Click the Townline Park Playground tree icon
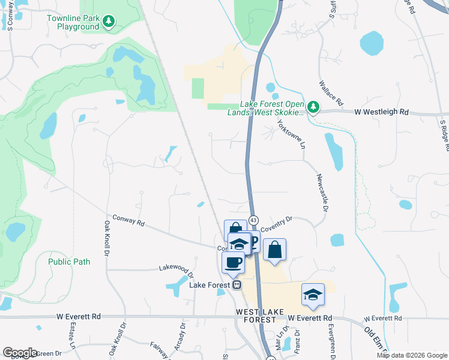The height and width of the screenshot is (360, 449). [109, 22]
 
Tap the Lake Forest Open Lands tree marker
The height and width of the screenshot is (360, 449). [312, 107]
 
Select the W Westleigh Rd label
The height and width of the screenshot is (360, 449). [381, 112]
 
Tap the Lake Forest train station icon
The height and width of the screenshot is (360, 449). [237, 285]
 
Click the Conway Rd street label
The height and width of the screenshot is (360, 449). [128, 221]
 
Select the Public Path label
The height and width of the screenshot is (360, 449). [69, 262]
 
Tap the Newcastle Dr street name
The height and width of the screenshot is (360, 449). [321, 192]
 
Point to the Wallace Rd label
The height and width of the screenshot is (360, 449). [331, 93]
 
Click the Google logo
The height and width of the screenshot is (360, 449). [20, 353]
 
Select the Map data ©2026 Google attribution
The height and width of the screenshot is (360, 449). [412, 355]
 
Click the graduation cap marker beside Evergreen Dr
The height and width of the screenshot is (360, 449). [313, 295]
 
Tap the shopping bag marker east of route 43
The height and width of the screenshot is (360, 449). [274, 249]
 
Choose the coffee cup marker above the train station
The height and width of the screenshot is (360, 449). [233, 262]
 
